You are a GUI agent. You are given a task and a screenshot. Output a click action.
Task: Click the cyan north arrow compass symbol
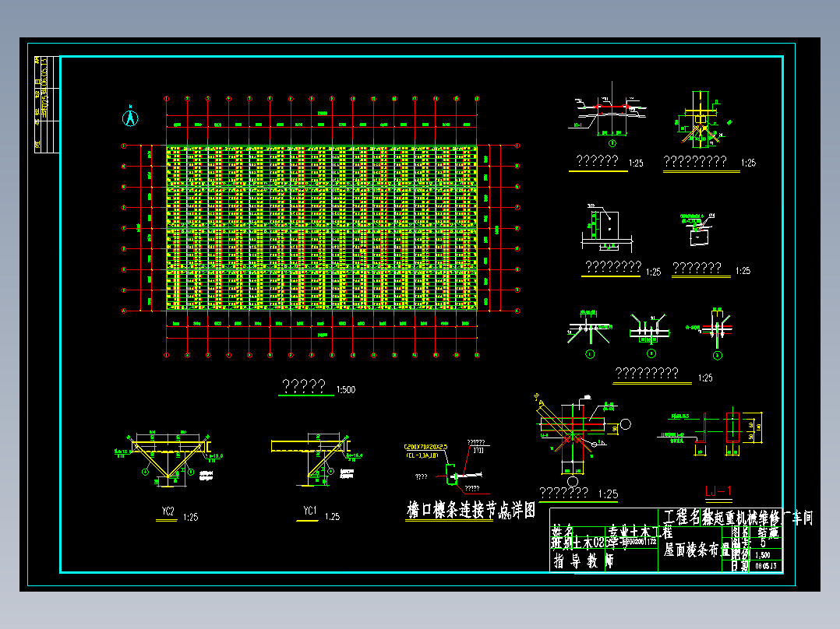131,117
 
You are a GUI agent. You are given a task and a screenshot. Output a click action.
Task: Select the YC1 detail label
309,511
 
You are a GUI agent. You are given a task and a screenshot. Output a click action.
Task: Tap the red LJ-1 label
718,490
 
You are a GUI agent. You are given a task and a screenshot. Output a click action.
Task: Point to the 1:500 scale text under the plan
346,389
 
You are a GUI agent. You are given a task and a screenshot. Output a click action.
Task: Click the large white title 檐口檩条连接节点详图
471,511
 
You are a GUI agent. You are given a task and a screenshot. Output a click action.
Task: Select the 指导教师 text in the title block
583,561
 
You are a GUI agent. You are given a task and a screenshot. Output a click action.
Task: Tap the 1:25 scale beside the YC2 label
190,516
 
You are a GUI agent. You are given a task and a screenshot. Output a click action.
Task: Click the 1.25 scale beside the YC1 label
332,516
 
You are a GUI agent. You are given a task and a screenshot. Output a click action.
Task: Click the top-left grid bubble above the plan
167,99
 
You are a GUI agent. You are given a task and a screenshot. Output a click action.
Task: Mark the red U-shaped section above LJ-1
733,430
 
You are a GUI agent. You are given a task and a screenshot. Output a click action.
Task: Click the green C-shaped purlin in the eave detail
450,471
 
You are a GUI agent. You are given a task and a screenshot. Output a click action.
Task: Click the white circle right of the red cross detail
626,423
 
